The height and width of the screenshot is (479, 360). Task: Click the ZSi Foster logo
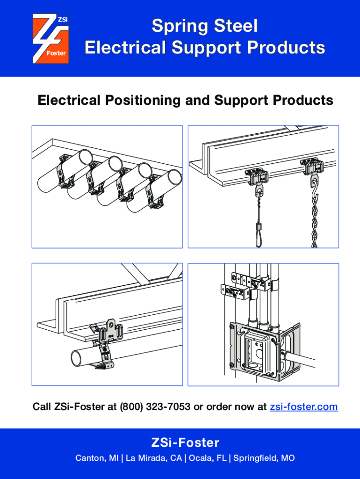click(x=50, y=38)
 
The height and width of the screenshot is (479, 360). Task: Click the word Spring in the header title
click(x=177, y=26)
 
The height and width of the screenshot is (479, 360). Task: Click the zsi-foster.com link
click(x=303, y=406)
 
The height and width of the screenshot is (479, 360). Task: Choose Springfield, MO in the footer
click(x=264, y=458)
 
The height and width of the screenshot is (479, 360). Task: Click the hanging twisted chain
click(x=314, y=215)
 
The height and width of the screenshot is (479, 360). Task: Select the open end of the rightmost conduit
click(x=174, y=178)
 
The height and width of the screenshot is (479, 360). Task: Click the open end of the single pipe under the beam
click(x=77, y=358)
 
